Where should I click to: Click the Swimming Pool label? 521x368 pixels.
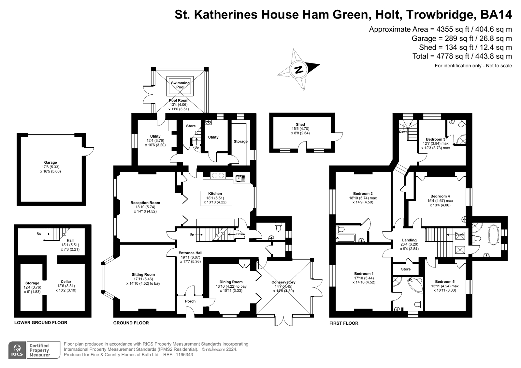click(180, 85)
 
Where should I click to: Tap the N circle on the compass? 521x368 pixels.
click(298, 69)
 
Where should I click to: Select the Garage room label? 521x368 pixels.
click(51, 163)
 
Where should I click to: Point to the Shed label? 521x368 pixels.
click(300, 125)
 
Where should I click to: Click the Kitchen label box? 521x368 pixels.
click(216, 198)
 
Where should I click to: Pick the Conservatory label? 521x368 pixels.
click(283, 282)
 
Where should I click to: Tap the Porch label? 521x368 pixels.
click(190, 301)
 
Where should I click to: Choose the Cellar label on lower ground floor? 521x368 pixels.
click(66, 281)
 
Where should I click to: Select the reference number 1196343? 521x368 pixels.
click(184, 355)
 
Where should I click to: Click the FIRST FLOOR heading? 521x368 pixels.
click(344, 323)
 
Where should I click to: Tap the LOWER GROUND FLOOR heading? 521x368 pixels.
click(41, 323)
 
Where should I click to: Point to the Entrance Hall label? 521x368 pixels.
click(191, 253)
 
